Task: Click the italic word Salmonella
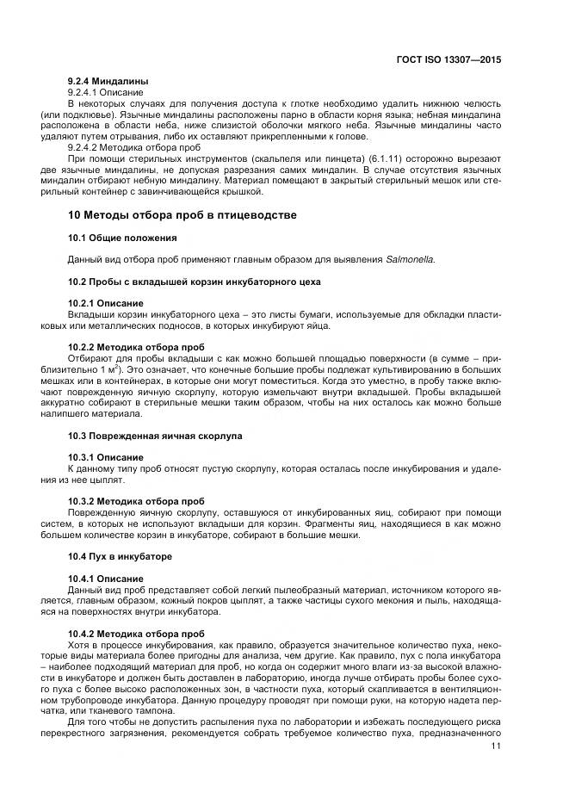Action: (411, 259)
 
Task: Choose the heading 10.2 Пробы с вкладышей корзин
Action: (194, 282)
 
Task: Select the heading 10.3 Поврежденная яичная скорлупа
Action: (155, 436)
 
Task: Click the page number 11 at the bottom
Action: (496, 746)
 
